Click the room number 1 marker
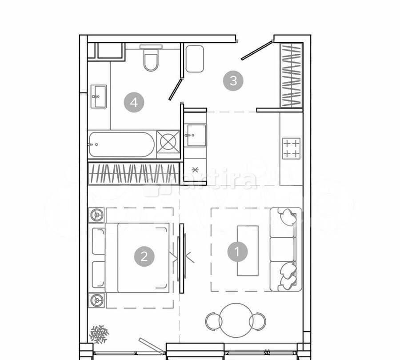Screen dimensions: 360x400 (x=237, y=252)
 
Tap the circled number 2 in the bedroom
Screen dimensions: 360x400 (x=144, y=256)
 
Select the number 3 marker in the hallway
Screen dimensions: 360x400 (x=233, y=81)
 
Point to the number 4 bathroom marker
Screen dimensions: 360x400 (x=134, y=103)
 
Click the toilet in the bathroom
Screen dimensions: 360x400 (x=151, y=60)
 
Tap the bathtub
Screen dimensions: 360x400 (x=121, y=144)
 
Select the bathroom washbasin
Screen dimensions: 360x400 (x=98, y=96)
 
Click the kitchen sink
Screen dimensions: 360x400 (x=196, y=135)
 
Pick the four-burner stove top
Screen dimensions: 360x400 (x=291, y=148)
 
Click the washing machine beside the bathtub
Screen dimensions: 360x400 (x=168, y=142)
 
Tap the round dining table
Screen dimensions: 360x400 (x=236, y=320)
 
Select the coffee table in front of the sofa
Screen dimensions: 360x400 (x=248, y=251)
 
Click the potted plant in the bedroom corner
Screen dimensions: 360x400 (x=99, y=334)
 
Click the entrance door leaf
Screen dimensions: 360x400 (x=256, y=51)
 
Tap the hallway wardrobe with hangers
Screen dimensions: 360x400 (x=291, y=75)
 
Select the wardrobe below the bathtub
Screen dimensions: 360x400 (x=133, y=173)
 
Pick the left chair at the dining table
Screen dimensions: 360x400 (x=213, y=321)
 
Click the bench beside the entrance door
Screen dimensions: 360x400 (x=195, y=59)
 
